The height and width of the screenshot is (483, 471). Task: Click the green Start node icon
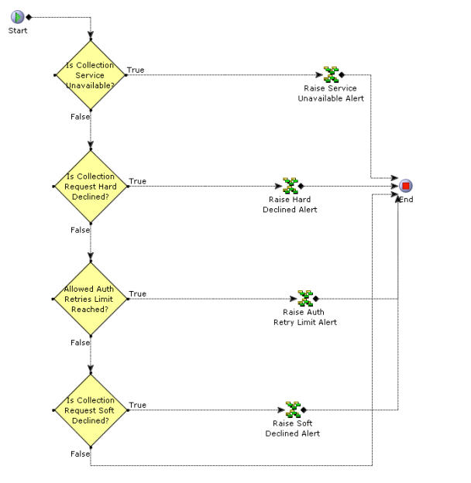click(17, 17)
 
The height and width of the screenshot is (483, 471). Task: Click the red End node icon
click(406, 186)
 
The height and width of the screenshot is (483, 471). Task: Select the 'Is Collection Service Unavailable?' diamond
click(91, 75)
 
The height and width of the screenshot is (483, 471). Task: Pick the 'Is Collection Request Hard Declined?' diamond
click(91, 187)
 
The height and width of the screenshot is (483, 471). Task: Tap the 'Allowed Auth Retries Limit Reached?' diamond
click(91, 299)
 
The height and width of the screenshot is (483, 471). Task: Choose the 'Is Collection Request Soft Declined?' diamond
click(91, 410)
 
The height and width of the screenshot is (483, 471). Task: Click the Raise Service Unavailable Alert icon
click(331, 75)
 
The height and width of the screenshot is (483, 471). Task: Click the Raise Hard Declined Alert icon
click(290, 186)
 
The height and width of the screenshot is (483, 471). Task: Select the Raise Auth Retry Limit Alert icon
click(305, 299)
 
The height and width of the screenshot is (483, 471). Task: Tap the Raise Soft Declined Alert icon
click(293, 409)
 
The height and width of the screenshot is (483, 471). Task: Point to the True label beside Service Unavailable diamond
click(136, 70)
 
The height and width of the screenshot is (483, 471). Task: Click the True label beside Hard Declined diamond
click(137, 181)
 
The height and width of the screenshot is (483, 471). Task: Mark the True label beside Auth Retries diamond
click(137, 293)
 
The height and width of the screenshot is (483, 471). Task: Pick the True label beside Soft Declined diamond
click(137, 405)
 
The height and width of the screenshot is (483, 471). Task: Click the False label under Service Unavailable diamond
click(80, 117)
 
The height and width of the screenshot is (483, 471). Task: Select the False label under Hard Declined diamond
click(80, 230)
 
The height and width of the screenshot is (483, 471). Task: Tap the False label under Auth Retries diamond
click(80, 342)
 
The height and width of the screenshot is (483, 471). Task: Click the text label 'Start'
click(17, 31)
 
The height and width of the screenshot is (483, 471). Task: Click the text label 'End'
click(407, 200)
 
